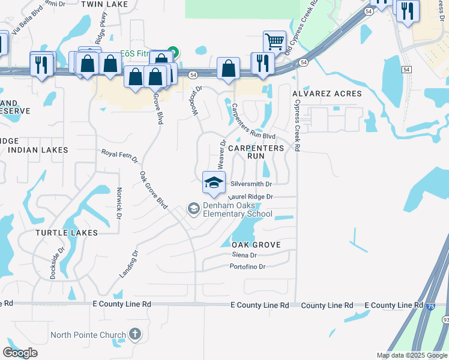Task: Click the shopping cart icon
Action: click(x=274, y=41)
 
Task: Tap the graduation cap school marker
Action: click(x=214, y=182)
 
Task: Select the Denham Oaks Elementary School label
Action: click(x=238, y=209)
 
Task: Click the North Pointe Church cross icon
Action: click(x=135, y=334)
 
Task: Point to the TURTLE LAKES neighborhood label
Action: click(x=66, y=232)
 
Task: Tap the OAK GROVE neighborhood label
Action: click(x=256, y=245)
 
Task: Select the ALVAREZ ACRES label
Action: click(x=327, y=94)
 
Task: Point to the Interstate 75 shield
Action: click(x=430, y=306)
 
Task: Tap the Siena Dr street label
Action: click(x=244, y=255)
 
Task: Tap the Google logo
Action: click(x=20, y=353)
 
